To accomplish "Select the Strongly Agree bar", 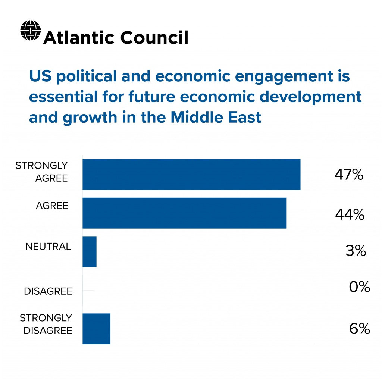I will [191, 174].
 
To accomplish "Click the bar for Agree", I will [184, 213].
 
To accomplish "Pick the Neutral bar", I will [90, 251].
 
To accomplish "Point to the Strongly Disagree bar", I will [96, 329].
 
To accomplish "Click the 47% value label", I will [349, 175].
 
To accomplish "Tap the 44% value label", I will [350, 214].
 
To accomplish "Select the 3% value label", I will [356, 251].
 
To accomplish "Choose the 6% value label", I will [360, 329].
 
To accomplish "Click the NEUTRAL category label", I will [48, 247].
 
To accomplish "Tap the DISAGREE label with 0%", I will [48, 291].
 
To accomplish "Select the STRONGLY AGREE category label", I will [41, 172].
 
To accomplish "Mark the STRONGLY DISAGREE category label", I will [46, 324].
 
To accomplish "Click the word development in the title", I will [311, 97].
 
